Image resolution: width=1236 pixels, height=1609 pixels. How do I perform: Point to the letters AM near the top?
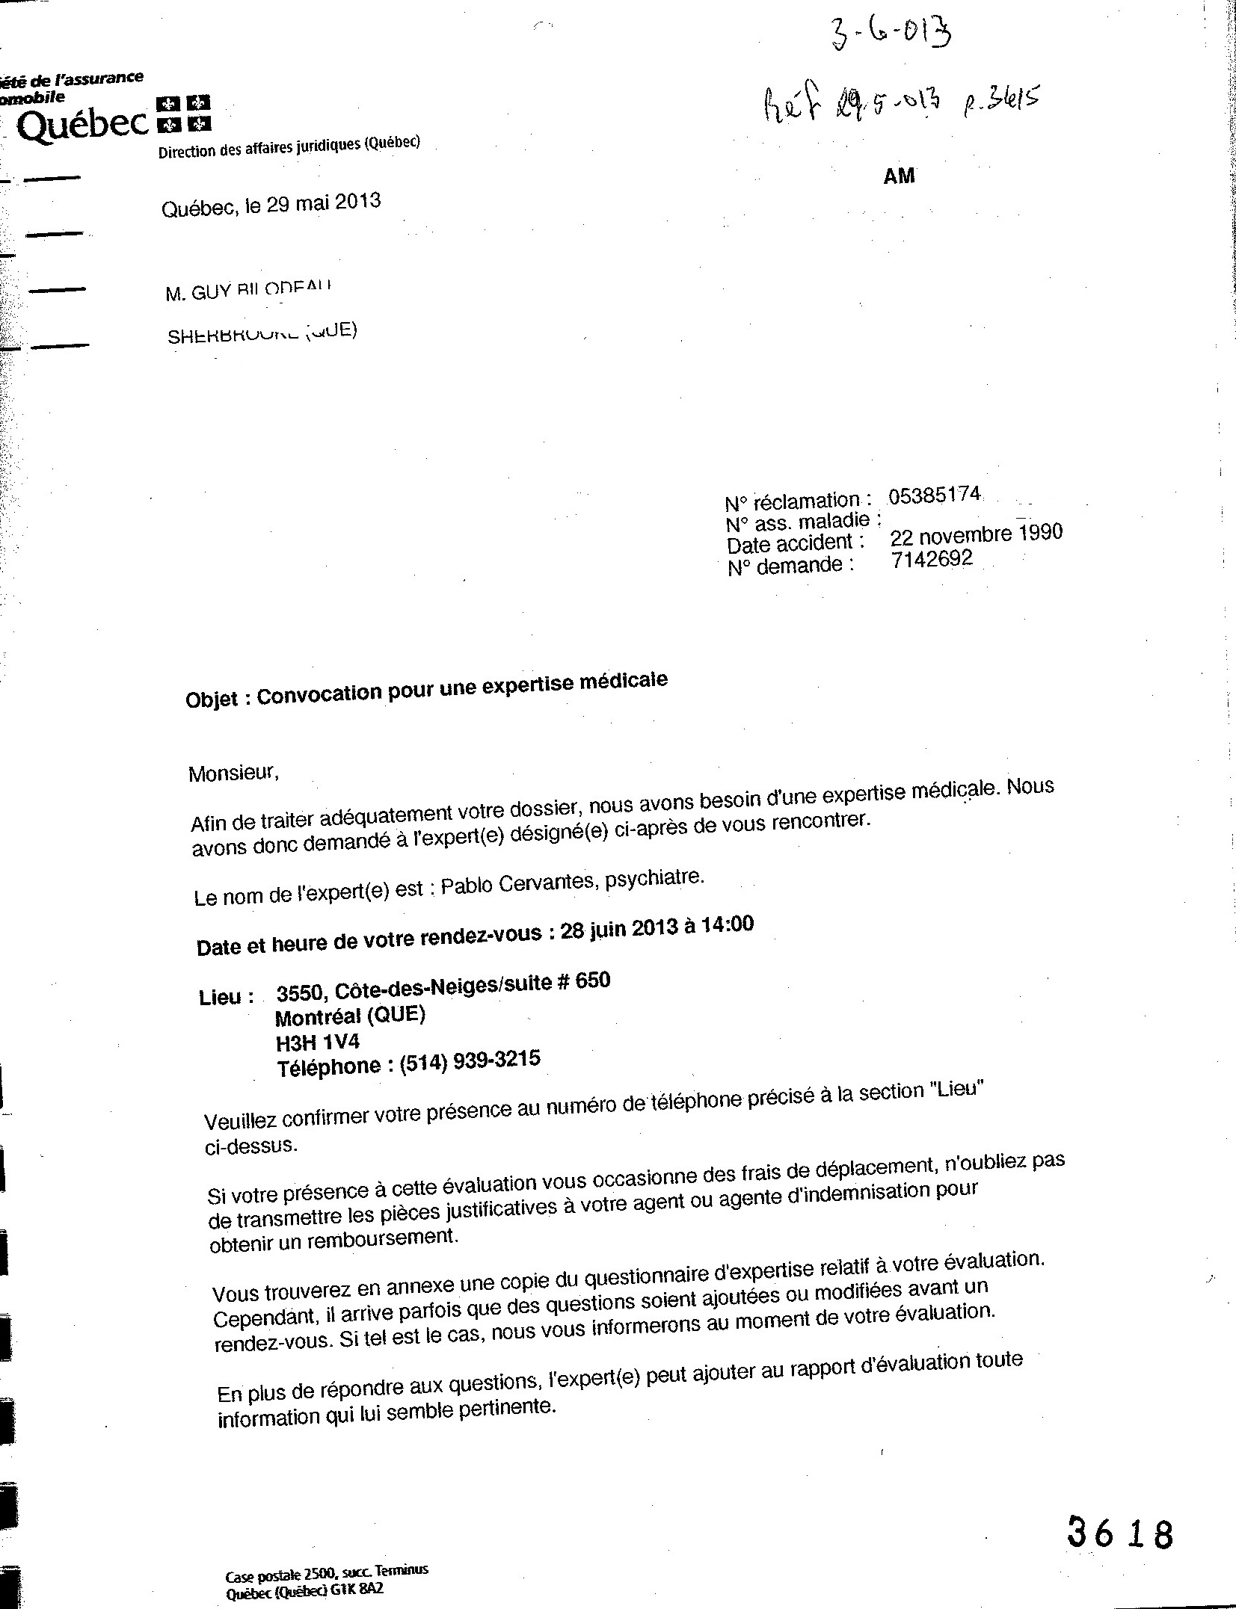coord(899,176)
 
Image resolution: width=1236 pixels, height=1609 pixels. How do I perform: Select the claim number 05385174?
coord(934,495)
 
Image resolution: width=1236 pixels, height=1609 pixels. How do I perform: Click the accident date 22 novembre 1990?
coord(976,534)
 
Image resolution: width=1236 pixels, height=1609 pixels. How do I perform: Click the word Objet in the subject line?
coord(212,700)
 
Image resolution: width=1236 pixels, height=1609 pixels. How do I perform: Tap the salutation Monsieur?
coord(233,773)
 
